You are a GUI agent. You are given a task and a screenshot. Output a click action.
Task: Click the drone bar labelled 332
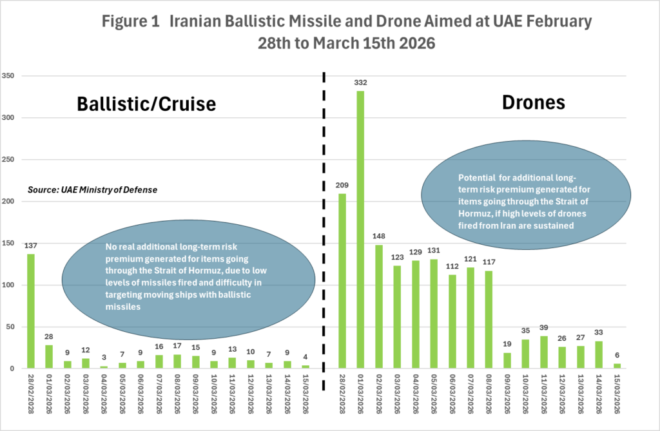tap(360, 230)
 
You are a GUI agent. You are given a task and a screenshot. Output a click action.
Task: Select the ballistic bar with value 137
tap(31, 311)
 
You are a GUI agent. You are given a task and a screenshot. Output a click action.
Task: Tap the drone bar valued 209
tap(342, 281)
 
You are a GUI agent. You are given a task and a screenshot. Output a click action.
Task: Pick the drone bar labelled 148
tap(379, 307)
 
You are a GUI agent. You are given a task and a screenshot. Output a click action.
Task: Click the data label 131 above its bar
tap(434, 251)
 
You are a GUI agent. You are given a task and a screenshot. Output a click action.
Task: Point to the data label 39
tap(544, 327)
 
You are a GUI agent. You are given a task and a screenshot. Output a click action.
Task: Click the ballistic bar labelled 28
tap(49, 357)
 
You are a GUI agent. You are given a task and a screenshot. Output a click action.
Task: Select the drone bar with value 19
tap(507, 361)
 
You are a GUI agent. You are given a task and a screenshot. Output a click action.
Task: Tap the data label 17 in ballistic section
tap(177, 345)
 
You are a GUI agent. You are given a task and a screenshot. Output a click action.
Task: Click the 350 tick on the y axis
tap(8, 76)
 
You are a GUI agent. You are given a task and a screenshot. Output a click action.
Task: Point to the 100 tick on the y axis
tap(8, 285)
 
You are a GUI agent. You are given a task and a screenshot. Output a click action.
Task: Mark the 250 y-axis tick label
tap(8, 160)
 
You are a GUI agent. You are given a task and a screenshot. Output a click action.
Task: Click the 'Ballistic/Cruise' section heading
tap(146, 104)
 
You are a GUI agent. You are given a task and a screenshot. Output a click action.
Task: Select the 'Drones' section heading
tap(534, 102)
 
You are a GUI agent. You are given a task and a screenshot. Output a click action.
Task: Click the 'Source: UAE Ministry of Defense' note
tap(93, 190)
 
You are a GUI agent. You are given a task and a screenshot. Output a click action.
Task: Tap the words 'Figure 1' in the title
tap(131, 21)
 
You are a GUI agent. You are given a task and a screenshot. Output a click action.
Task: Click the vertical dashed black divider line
tap(324, 231)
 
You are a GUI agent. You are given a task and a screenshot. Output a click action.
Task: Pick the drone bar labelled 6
tap(617, 366)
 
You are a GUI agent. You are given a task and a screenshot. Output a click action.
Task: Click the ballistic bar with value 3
tap(104, 367)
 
